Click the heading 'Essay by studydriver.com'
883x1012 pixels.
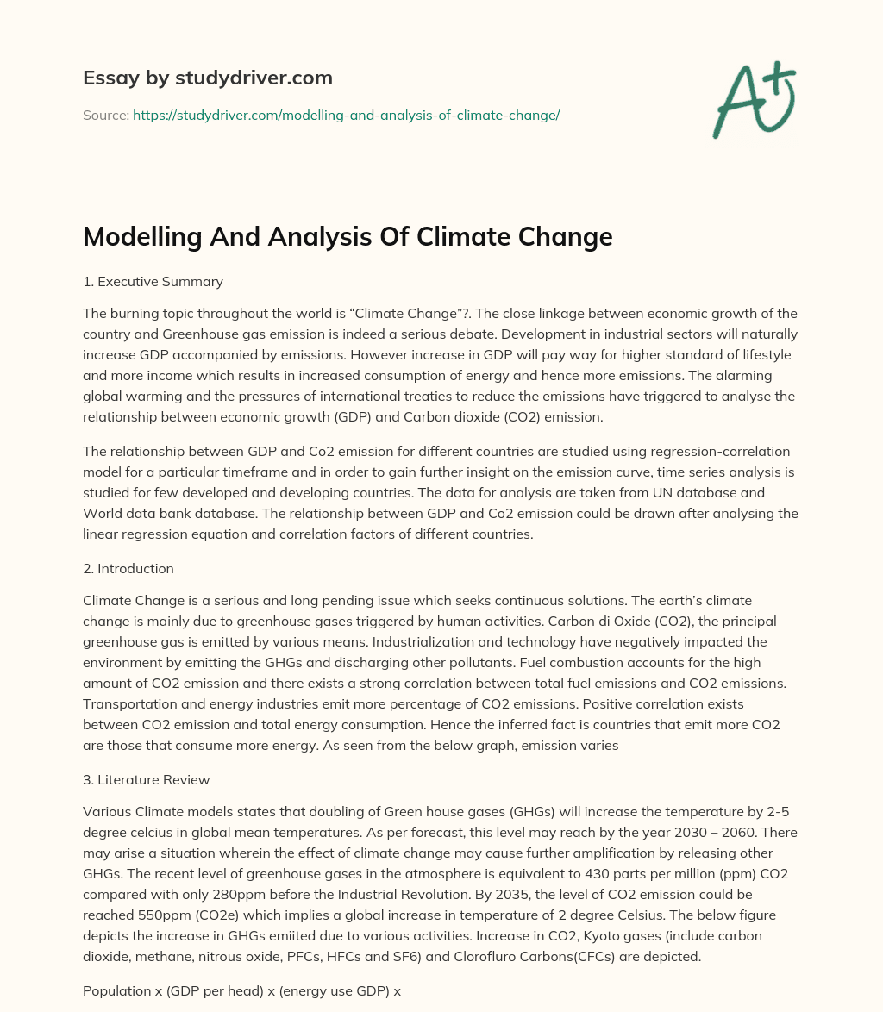click(x=207, y=78)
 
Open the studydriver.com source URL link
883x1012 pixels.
click(x=346, y=115)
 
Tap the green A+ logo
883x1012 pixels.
click(x=753, y=99)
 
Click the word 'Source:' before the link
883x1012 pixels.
click(x=106, y=115)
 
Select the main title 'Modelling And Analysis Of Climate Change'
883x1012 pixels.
click(x=348, y=237)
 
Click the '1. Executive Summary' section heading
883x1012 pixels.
click(x=153, y=281)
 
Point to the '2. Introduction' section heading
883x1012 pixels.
click(x=128, y=568)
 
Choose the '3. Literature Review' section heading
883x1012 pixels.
click(x=146, y=779)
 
